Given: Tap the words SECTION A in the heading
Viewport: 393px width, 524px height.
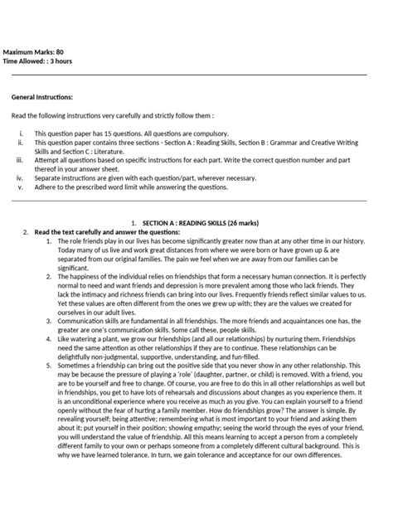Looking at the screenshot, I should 162,224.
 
